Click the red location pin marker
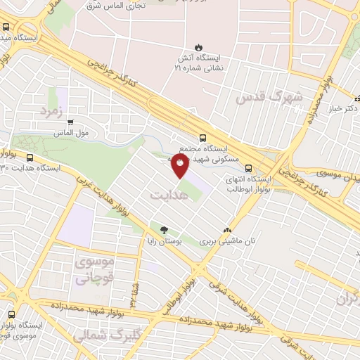pyautogui.click(x=180, y=165)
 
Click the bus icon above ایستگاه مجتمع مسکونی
pyautogui.click(x=203, y=139)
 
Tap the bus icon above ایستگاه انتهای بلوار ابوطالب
pyautogui.click(x=248, y=167)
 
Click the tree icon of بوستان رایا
pyautogui.click(x=164, y=229)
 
